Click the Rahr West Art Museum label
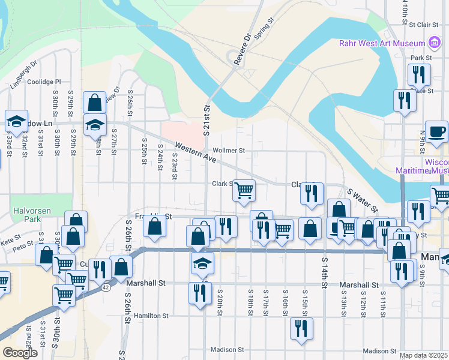382,43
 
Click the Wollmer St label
233,151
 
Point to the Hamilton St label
151,315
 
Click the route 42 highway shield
106,287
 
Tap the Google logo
20,353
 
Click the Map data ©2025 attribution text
424,355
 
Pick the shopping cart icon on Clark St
244,191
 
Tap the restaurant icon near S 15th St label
301,328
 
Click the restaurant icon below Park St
418,74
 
